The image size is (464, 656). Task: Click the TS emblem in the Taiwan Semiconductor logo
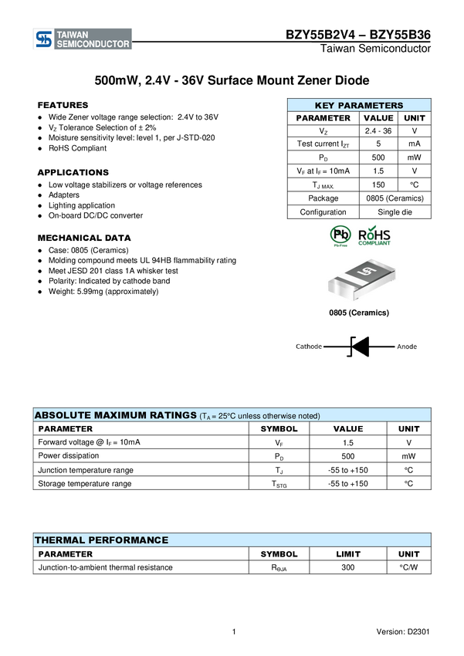(x=43, y=39)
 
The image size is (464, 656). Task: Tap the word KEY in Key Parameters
(x=325, y=106)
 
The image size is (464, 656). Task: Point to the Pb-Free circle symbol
(x=340, y=234)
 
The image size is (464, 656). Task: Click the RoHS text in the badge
(x=374, y=234)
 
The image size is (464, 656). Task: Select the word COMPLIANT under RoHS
(x=374, y=244)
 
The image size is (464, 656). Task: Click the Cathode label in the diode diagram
(x=309, y=347)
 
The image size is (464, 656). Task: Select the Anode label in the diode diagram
(x=407, y=347)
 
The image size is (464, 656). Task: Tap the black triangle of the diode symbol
(x=361, y=347)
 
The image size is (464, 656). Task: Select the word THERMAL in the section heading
(x=59, y=540)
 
